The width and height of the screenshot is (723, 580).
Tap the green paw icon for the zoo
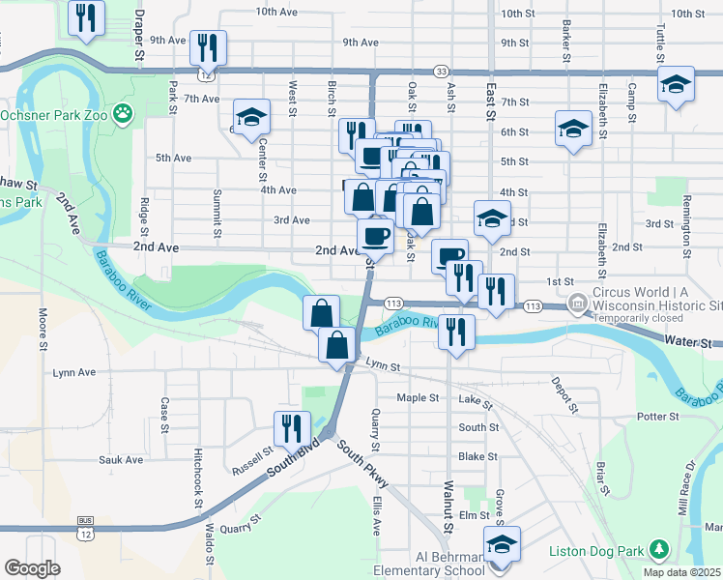123,115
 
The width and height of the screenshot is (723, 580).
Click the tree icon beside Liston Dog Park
660,550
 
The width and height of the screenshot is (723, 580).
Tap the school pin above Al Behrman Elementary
502,544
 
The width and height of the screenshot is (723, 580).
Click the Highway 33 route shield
441,72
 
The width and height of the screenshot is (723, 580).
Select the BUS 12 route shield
84,530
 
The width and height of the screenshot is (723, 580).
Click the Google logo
32,567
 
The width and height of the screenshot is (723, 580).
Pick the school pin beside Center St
251,118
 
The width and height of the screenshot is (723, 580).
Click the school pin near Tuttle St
675,84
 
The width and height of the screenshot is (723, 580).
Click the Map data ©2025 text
681,571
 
